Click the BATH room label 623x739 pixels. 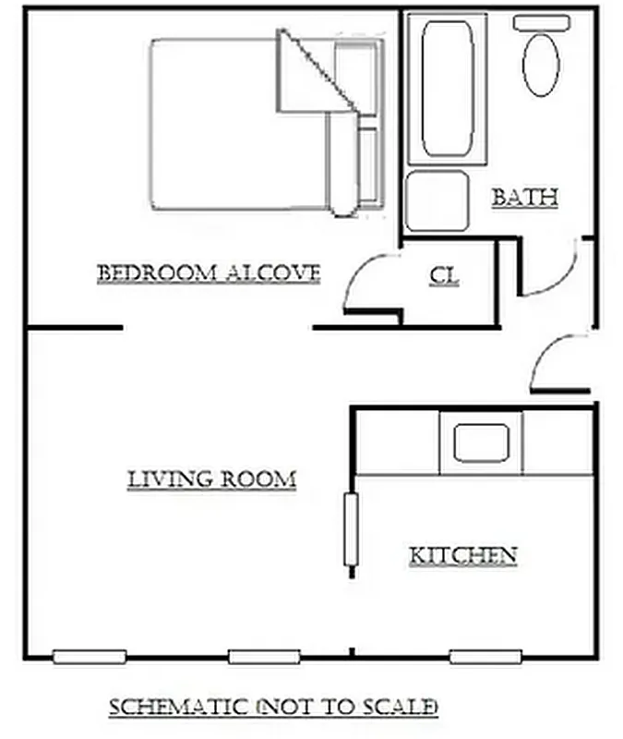[x=524, y=197]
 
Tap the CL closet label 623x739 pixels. [x=444, y=275]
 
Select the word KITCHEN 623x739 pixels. [x=462, y=555]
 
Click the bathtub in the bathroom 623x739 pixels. [x=448, y=88]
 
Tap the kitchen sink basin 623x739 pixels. [x=481, y=442]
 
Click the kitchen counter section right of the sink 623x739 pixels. [x=557, y=442]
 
